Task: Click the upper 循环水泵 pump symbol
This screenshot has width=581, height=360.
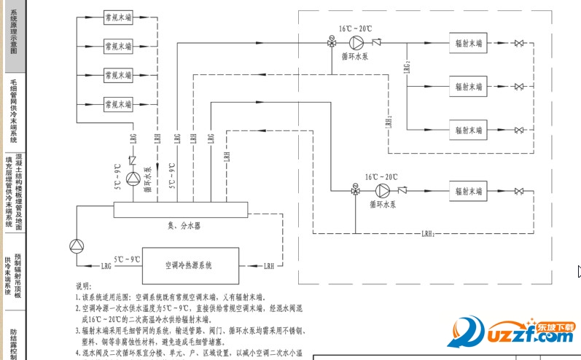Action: pos(356,42)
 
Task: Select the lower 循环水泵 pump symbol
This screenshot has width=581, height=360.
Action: pos(381,191)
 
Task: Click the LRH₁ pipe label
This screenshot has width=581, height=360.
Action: pos(428,234)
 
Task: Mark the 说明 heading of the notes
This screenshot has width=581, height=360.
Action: pos(84,287)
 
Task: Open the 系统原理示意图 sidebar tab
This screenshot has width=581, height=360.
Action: pos(13,35)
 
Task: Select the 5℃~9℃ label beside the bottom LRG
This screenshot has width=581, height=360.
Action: pos(127,259)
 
